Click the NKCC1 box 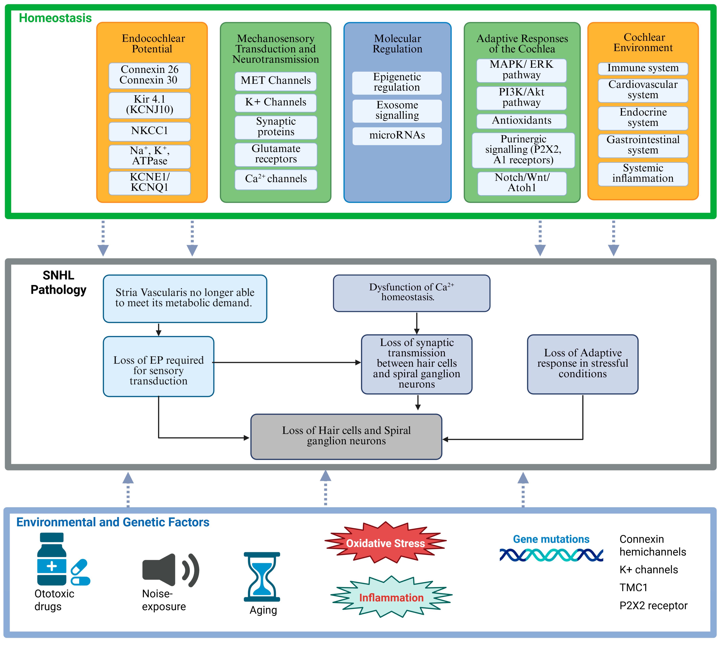click(149, 131)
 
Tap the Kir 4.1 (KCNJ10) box click(149, 105)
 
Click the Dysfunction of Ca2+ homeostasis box click(412, 293)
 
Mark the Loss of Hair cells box click(346, 437)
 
